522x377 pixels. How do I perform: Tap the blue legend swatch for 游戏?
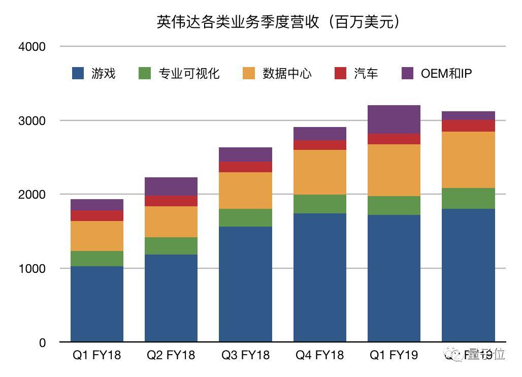point(78,73)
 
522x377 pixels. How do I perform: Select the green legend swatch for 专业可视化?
point(145,73)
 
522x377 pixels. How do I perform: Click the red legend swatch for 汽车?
point(340,73)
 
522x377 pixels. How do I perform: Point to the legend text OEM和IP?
point(446,73)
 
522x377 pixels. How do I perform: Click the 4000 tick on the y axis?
point(32,47)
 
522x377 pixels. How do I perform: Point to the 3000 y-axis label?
point(32,121)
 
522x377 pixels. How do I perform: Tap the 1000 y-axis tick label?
point(32,268)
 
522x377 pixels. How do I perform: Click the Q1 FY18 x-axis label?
point(96,355)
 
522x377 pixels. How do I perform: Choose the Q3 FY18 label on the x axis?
point(245,355)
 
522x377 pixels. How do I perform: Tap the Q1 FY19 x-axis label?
point(394,355)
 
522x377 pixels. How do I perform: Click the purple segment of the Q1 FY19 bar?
point(394,119)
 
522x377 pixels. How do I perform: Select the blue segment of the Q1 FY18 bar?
point(96,304)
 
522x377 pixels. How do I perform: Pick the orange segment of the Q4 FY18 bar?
point(319,172)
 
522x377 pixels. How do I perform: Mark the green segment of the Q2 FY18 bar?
point(171,246)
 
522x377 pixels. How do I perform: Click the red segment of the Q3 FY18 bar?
point(245,167)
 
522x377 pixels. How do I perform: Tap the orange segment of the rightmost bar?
point(468,160)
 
